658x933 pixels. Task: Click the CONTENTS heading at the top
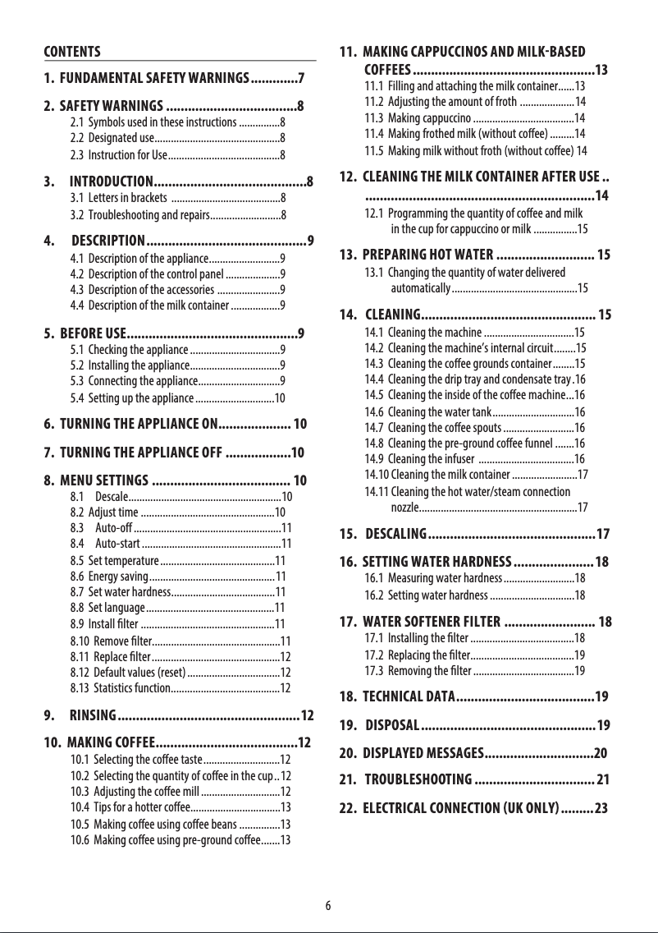(x=72, y=52)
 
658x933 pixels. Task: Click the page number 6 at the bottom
(x=328, y=906)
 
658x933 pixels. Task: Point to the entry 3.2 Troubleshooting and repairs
(x=139, y=216)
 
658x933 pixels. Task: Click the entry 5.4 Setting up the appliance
(x=139, y=398)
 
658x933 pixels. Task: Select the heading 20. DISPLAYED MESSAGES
(x=423, y=753)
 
